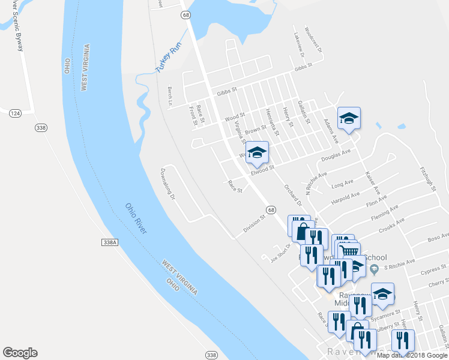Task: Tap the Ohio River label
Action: tap(139, 218)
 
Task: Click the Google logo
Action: tap(20, 353)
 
